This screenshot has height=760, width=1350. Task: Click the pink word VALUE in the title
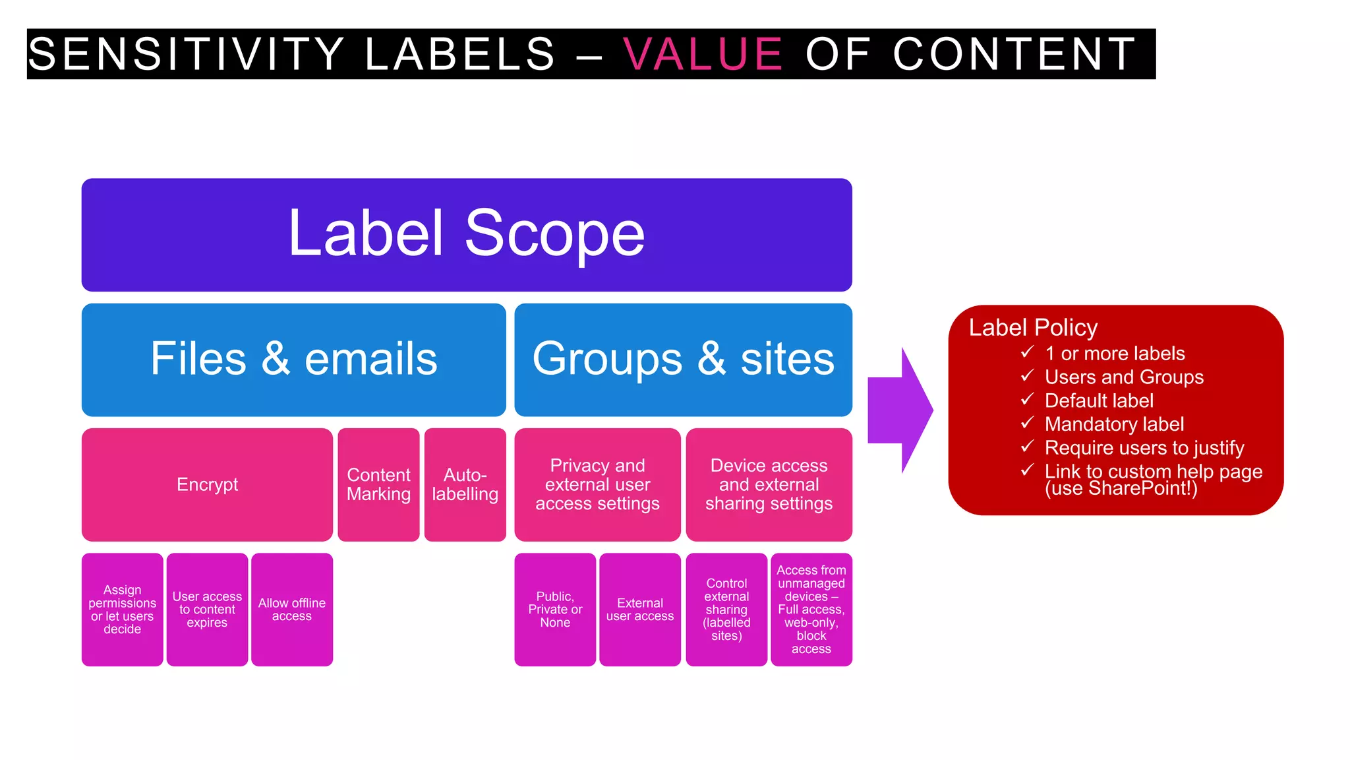tap(702, 54)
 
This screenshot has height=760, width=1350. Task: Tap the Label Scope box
tap(467, 234)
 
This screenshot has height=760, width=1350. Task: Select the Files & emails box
tap(293, 360)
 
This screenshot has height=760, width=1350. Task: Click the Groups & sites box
tap(683, 360)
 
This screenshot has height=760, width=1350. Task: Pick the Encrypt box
tap(207, 484)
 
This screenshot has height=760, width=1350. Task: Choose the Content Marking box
tap(378, 484)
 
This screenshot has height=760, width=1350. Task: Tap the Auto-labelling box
tap(465, 484)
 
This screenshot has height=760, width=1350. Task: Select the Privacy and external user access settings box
tap(597, 484)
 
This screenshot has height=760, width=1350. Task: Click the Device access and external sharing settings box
tap(769, 484)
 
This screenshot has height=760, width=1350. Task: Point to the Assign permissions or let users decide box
tap(122, 609)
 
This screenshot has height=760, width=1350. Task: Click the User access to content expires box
tap(207, 609)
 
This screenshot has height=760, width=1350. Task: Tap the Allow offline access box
tap(291, 609)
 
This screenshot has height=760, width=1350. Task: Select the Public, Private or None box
tap(555, 609)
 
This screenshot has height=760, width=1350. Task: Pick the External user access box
tap(639, 609)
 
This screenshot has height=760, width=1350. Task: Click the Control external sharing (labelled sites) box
tap(726, 609)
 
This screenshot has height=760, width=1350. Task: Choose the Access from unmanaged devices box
tap(811, 609)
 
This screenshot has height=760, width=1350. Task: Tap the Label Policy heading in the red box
tap(1032, 328)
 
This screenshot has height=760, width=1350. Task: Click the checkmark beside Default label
tap(1027, 399)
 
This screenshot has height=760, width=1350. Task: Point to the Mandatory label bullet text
tap(1114, 424)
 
